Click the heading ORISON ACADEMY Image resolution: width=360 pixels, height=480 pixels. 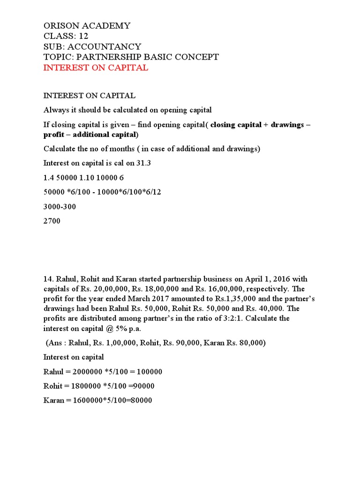(x=87, y=25)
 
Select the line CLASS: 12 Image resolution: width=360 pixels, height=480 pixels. (x=65, y=36)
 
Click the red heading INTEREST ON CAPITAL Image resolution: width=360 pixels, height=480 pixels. (x=96, y=67)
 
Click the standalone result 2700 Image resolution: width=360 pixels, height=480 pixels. (x=52, y=221)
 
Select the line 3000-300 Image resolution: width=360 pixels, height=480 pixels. (x=60, y=206)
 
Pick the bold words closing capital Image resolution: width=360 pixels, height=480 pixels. (x=236, y=125)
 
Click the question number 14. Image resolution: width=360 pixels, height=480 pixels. (x=48, y=279)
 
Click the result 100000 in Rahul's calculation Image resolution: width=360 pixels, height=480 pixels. (x=147, y=372)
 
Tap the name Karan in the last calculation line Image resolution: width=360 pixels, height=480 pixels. (x=53, y=401)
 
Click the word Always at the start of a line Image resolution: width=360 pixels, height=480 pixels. (x=55, y=110)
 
